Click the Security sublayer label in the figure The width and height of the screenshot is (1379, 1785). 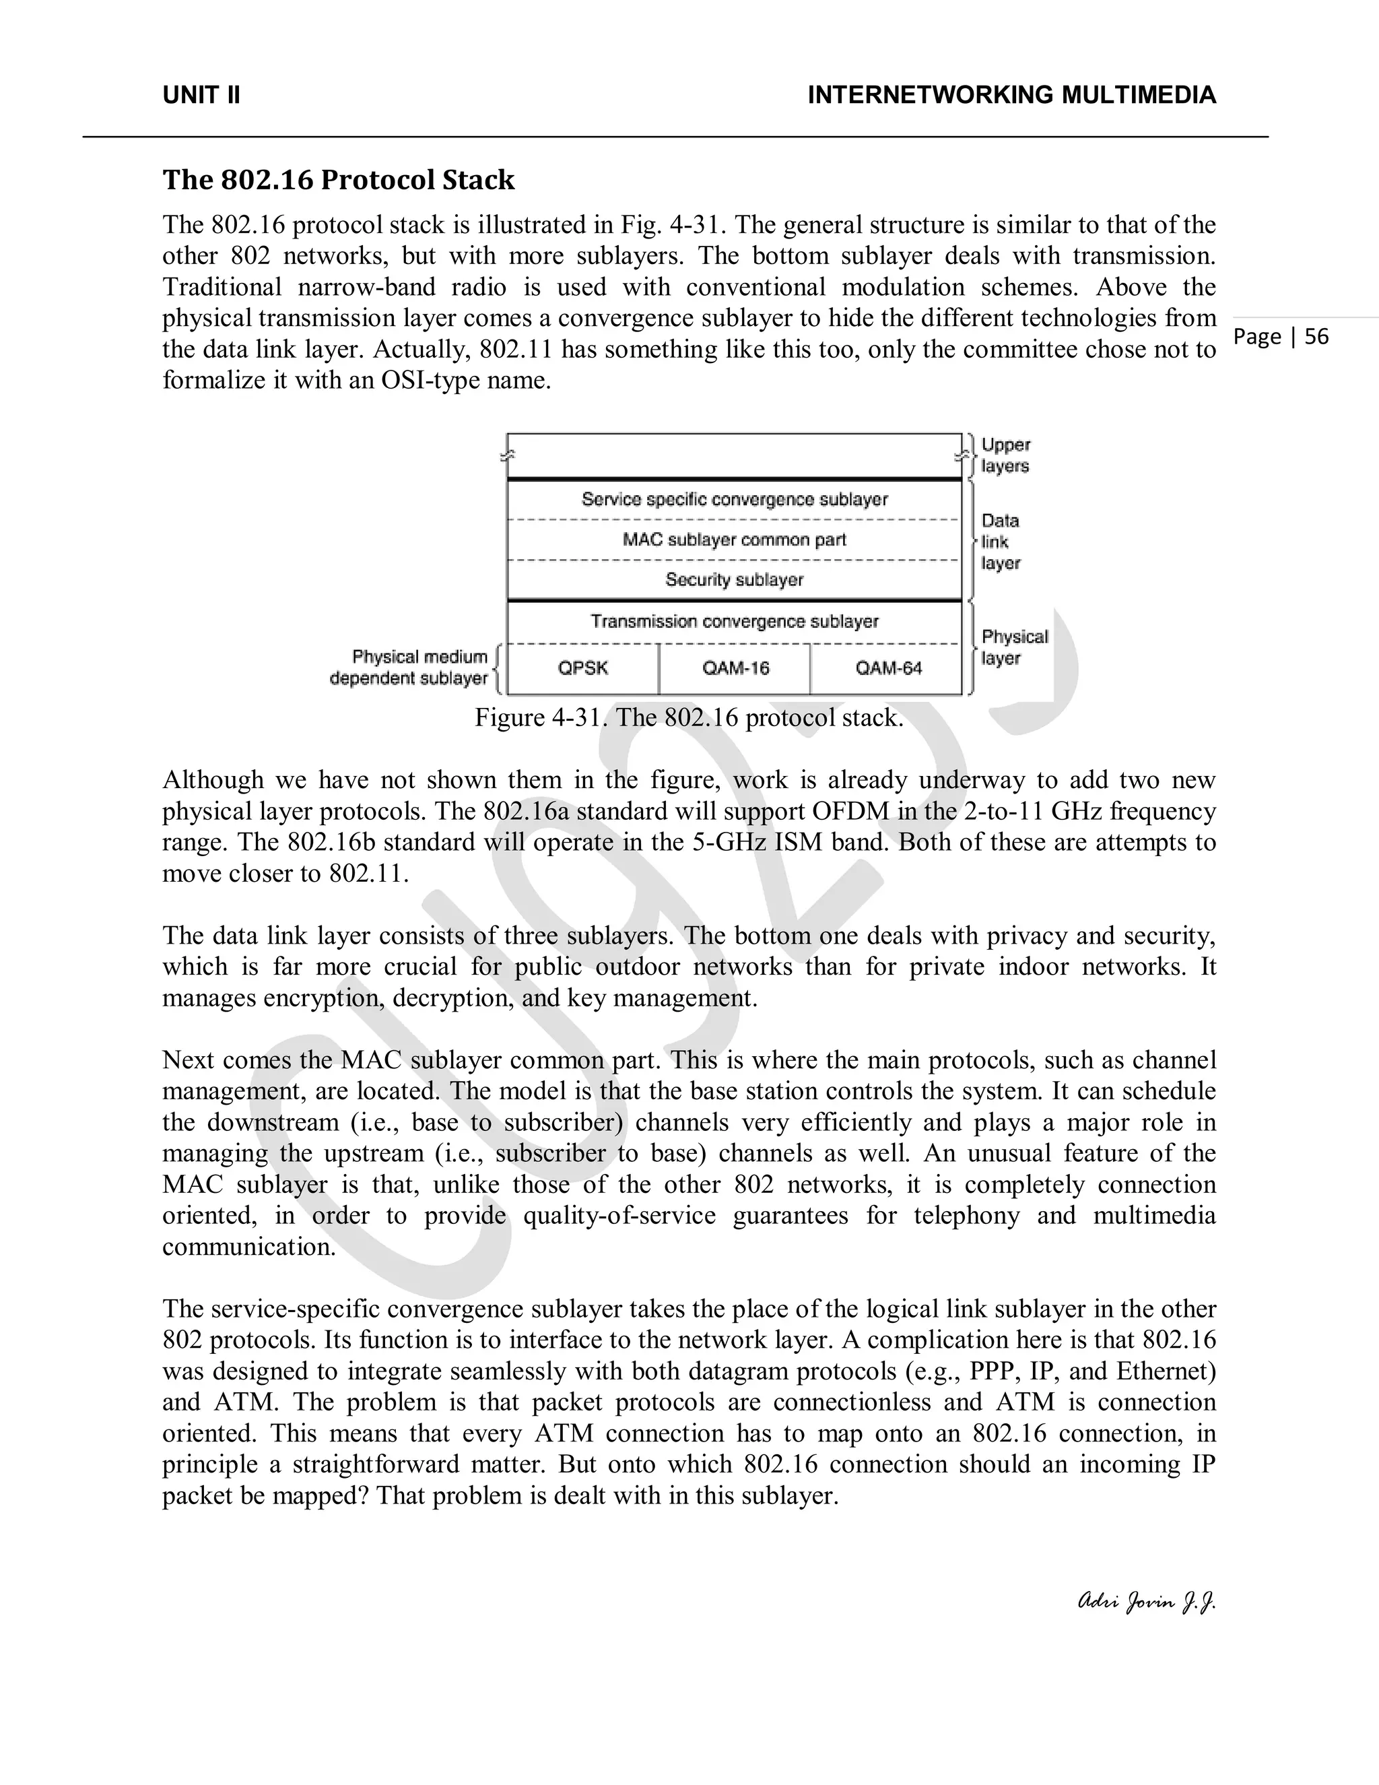(x=735, y=580)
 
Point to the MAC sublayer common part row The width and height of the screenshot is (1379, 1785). (x=735, y=540)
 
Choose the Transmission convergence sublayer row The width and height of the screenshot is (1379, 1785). (x=735, y=622)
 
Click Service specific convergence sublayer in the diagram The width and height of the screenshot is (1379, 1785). (x=735, y=499)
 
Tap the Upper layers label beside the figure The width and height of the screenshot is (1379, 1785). (x=1005, y=456)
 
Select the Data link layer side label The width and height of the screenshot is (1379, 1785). (x=1001, y=542)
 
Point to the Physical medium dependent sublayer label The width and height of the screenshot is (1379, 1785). (x=409, y=668)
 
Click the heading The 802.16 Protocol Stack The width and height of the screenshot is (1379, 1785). (x=338, y=180)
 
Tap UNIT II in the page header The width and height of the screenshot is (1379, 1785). (x=201, y=96)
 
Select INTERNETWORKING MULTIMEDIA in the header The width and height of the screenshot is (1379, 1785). (x=1011, y=96)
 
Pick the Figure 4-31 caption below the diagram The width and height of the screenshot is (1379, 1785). (x=689, y=717)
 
